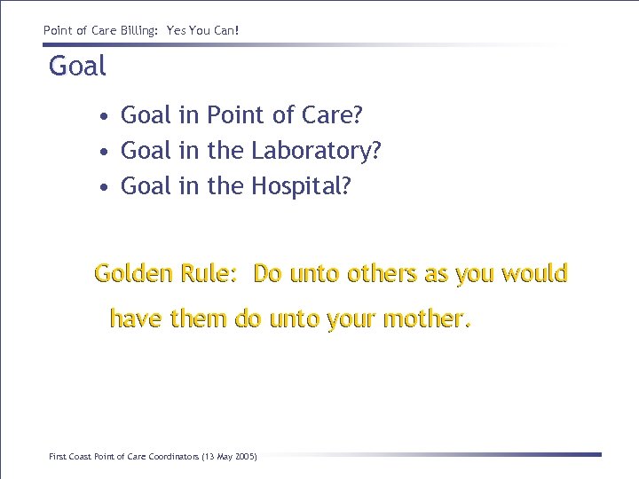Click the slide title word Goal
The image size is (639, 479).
click(x=77, y=67)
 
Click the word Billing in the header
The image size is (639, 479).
click(x=132, y=30)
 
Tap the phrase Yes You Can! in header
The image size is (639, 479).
click(x=203, y=30)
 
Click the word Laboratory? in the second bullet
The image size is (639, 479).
click(x=317, y=151)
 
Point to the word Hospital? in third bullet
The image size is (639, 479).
click(x=302, y=186)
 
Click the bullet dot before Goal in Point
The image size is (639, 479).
click(x=105, y=117)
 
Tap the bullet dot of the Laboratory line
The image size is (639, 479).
click(x=105, y=153)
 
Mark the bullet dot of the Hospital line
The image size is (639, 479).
click(x=105, y=188)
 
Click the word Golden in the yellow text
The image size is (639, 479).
click(x=134, y=274)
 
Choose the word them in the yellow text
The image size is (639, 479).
click(x=199, y=318)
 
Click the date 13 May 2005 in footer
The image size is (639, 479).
click(x=230, y=457)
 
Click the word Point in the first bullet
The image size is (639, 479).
click(x=235, y=115)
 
